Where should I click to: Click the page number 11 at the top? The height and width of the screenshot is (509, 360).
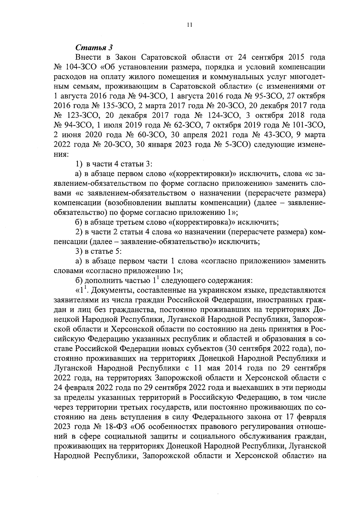point(189,26)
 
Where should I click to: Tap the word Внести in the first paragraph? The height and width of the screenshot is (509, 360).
point(87,57)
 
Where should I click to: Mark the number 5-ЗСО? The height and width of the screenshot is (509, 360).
point(236,145)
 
